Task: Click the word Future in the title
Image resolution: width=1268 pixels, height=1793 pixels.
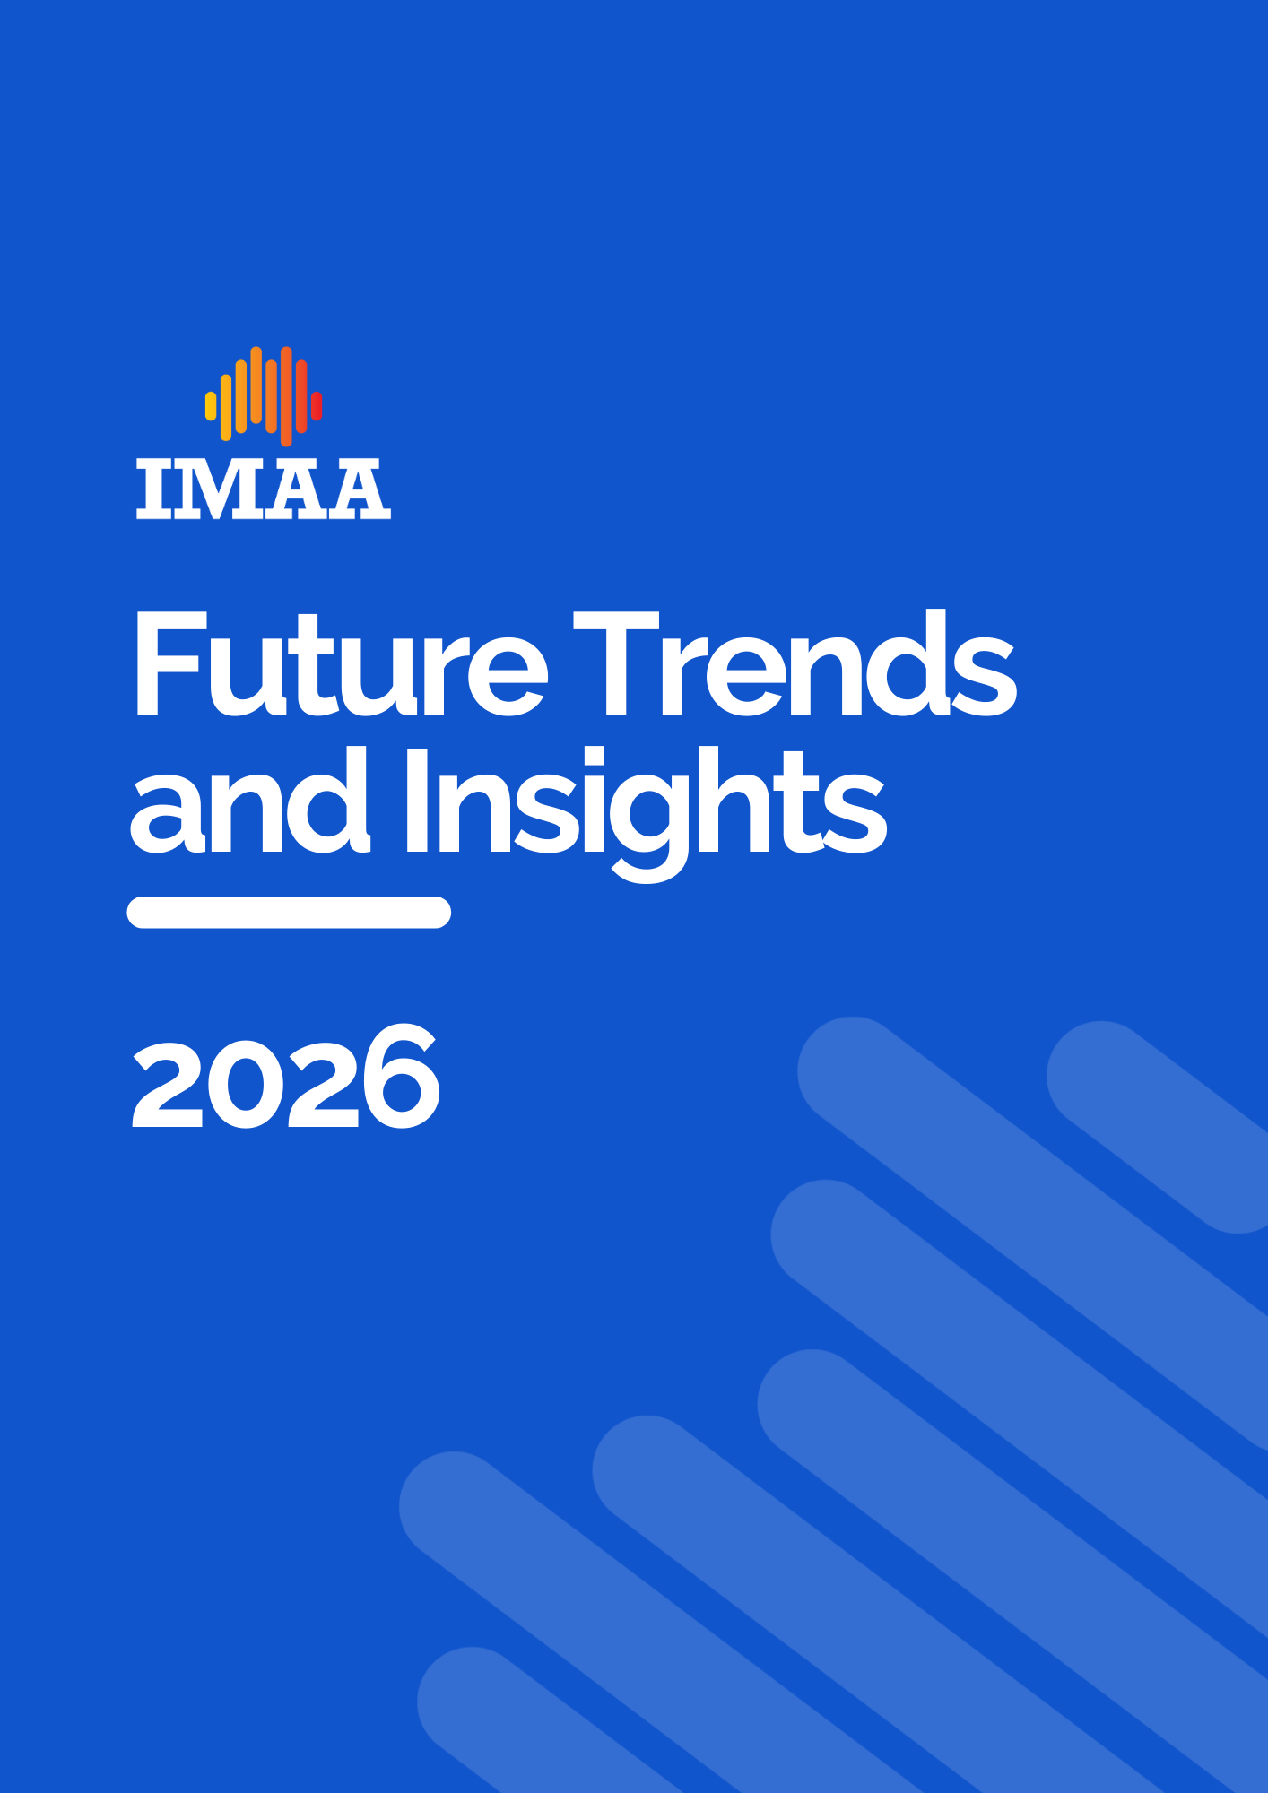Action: click(341, 664)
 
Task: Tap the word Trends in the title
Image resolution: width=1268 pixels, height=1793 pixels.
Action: click(795, 663)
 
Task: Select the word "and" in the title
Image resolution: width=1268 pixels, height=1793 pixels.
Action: click(250, 801)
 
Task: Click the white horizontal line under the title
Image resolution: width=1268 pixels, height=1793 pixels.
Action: click(289, 912)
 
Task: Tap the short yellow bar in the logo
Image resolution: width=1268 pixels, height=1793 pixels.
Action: click(211, 406)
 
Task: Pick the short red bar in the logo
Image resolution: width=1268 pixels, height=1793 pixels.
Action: click(317, 406)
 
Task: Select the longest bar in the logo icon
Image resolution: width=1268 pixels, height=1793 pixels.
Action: click(286, 396)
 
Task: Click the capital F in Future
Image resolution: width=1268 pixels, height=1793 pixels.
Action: click(171, 664)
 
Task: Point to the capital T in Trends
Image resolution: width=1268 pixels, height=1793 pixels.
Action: click(616, 664)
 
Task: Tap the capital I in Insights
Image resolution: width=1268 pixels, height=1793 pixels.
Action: click(415, 800)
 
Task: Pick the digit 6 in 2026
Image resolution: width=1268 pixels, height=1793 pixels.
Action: click(401, 1077)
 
